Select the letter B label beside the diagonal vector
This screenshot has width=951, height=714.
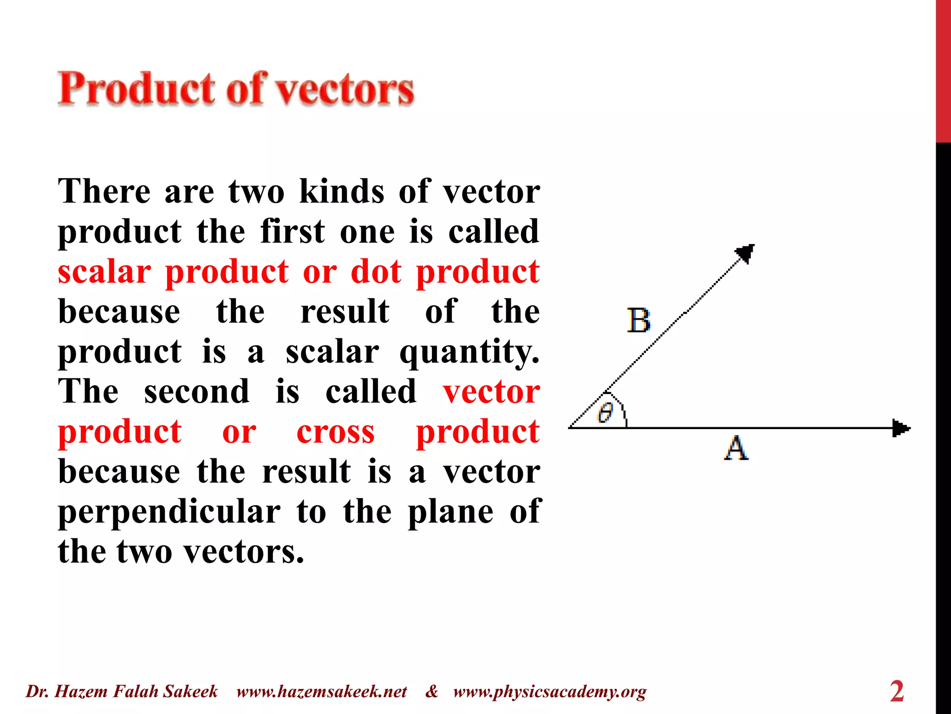coord(639,320)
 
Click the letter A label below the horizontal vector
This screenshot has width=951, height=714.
coord(736,448)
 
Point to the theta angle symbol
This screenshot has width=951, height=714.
coord(605,412)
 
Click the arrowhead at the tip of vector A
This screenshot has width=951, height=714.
coord(901,428)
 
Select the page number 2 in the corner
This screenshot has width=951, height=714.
coord(897,691)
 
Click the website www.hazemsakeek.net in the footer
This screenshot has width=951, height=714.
coord(321,692)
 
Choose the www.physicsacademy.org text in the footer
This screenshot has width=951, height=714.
coord(550,692)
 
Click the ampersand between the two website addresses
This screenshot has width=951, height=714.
coord(431,691)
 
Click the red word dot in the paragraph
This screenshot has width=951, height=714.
coord(376,271)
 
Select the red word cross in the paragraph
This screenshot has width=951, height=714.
coord(335,432)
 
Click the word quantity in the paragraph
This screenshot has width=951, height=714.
coord(469,352)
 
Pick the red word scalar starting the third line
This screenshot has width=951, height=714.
coord(104,271)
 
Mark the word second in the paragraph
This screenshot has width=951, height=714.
coord(196,392)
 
